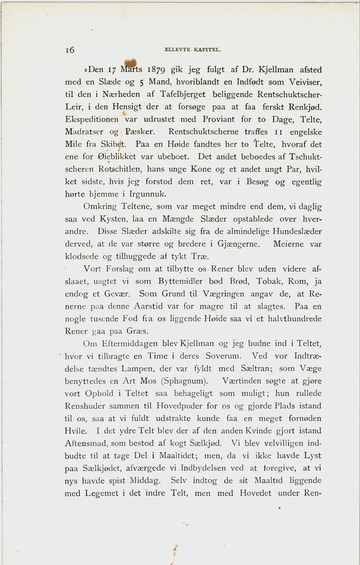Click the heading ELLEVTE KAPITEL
(x=193, y=49)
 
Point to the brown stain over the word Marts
(x=130, y=63)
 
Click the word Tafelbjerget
(x=184, y=94)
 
